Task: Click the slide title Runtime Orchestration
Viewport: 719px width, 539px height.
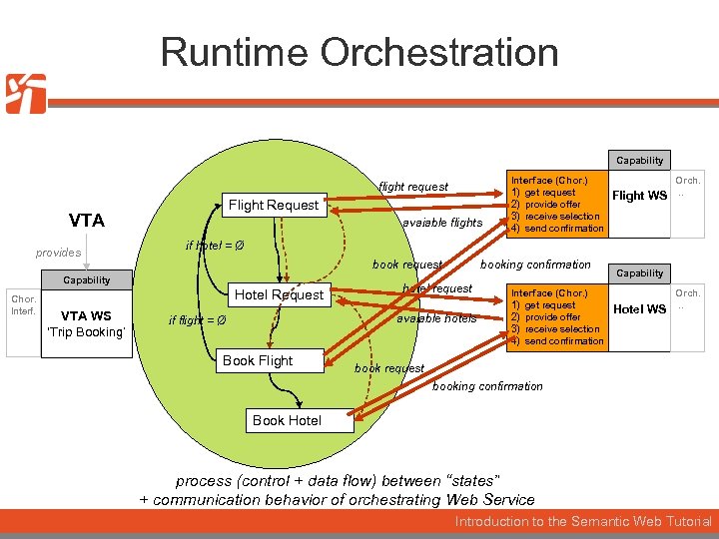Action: pos(359,52)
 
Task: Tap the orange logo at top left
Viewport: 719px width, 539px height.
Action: pos(26,94)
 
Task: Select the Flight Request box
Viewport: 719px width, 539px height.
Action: pos(274,206)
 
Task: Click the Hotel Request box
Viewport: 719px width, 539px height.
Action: pos(279,294)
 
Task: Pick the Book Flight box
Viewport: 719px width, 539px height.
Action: pos(258,360)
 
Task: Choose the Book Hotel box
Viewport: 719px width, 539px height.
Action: pos(287,420)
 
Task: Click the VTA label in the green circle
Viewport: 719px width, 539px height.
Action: pos(87,221)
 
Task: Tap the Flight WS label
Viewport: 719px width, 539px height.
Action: pos(639,196)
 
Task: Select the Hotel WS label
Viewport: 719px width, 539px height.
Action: pos(639,309)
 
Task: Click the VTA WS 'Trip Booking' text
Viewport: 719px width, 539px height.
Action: pos(86,324)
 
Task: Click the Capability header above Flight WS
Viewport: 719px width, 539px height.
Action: pos(639,160)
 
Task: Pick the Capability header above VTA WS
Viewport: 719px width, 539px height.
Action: pos(87,280)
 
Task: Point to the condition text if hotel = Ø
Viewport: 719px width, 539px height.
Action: pos(216,246)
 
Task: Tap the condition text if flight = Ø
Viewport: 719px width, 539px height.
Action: pos(197,320)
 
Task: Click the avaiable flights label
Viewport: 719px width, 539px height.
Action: pos(441,223)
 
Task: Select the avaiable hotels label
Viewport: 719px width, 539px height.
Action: pos(436,319)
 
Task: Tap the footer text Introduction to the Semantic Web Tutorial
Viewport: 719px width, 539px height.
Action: pos(583,522)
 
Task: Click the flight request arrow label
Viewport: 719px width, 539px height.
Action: pos(413,187)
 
